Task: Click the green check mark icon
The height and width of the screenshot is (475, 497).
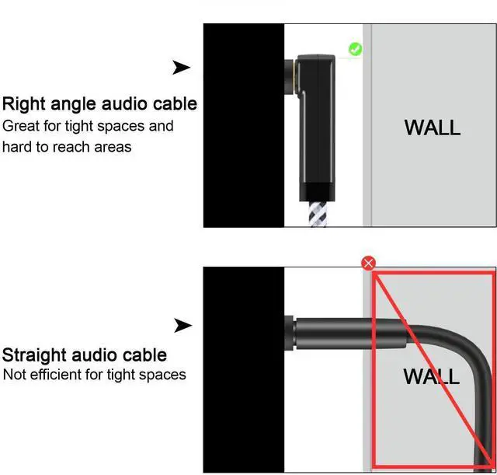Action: [356, 49]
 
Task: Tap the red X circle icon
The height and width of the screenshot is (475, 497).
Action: [368, 263]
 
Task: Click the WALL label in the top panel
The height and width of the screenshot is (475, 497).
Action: [433, 127]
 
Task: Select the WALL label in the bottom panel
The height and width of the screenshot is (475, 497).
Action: [432, 376]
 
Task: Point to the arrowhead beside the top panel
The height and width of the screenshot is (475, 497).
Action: [181, 68]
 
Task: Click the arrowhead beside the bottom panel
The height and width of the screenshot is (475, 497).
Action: [183, 326]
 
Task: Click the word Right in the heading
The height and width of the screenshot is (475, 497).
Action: [24, 104]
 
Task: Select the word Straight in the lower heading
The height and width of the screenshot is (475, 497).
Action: [34, 355]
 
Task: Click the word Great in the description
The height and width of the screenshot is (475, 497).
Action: [21, 126]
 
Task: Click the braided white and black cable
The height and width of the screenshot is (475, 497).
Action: [318, 214]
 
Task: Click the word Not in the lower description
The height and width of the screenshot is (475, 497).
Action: [15, 375]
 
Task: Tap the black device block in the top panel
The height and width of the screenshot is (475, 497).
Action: [243, 125]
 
